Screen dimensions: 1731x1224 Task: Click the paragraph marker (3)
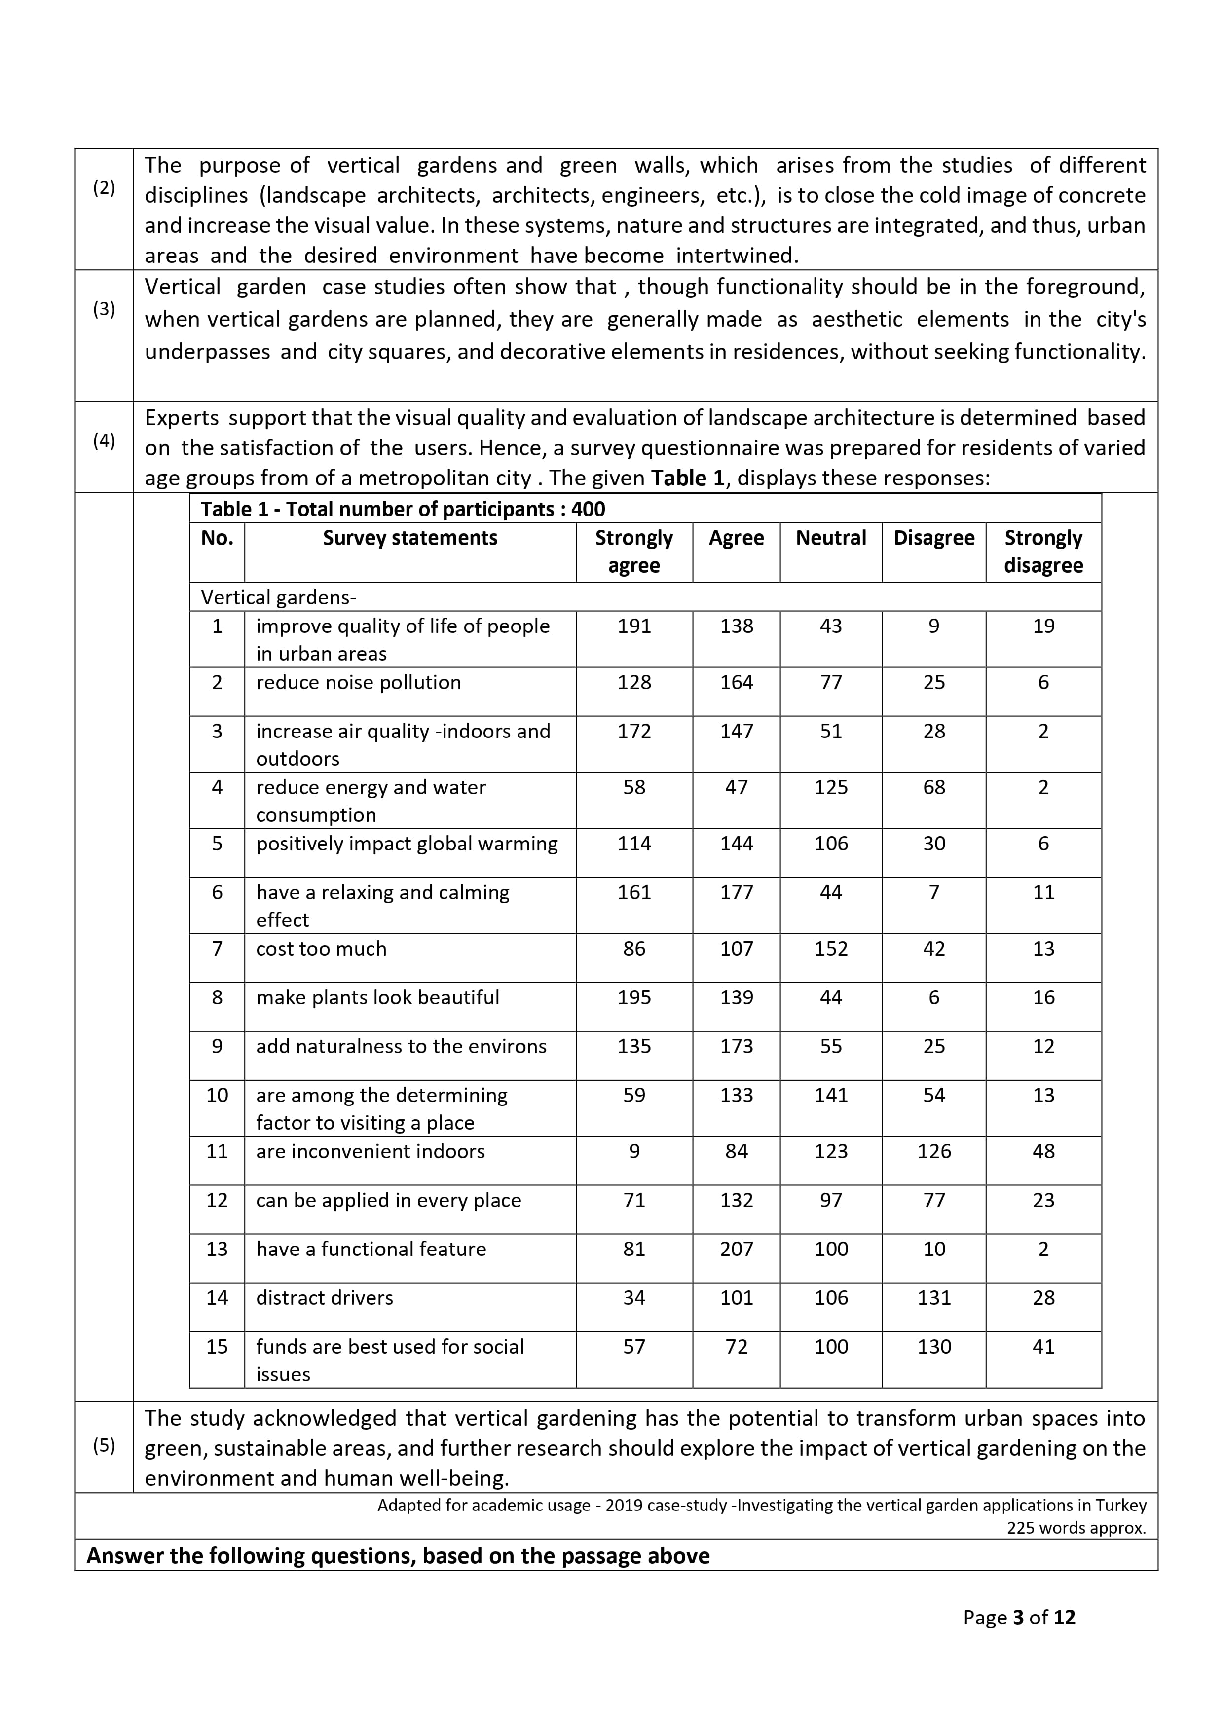[104, 309]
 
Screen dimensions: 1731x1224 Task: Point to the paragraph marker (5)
[104, 1445]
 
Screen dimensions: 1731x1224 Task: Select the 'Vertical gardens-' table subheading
[278, 598]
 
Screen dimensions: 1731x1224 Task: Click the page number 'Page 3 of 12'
[1019, 1617]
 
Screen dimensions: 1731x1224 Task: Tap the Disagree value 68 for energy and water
[933, 787]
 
